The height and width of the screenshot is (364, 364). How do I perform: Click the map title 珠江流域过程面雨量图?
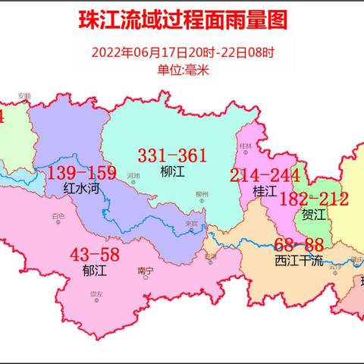pyautogui.click(x=183, y=20)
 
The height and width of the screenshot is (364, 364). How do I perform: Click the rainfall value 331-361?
pyautogui.click(x=172, y=155)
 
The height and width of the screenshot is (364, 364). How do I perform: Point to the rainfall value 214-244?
pyautogui.click(x=265, y=176)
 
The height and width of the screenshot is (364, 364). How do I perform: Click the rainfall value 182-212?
pyautogui.click(x=314, y=199)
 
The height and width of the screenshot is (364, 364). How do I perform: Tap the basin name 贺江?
pyautogui.click(x=313, y=215)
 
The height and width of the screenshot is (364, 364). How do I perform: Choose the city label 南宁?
pyautogui.click(x=146, y=270)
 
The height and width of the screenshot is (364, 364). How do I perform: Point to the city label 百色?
pyautogui.click(x=58, y=216)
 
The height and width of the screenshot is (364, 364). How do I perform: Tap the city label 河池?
pyautogui.click(x=134, y=176)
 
